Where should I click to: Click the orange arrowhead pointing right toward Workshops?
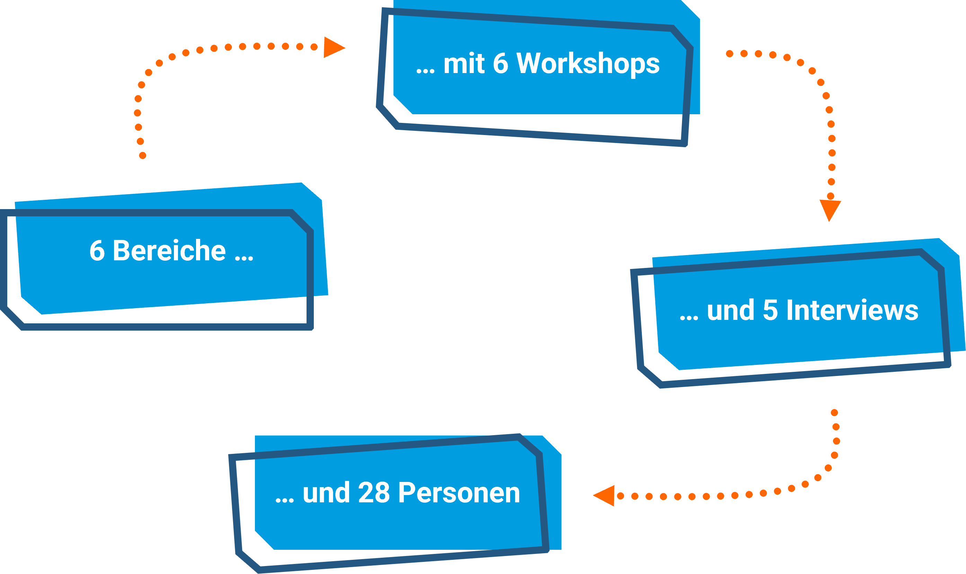[x=334, y=47]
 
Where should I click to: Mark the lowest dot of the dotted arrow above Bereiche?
[x=142, y=155]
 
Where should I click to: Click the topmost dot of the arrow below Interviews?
[x=834, y=413]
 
